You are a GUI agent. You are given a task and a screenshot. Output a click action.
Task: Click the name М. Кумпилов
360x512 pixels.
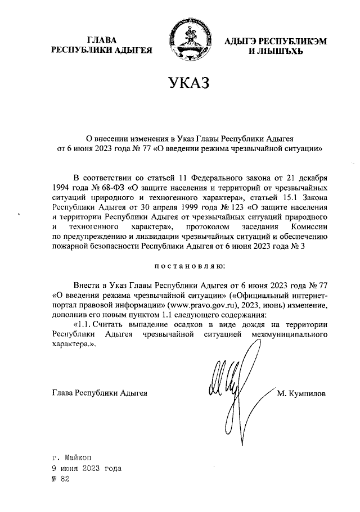click(x=301, y=393)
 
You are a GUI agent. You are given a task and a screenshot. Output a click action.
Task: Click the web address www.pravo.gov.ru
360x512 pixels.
click(x=195, y=305)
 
